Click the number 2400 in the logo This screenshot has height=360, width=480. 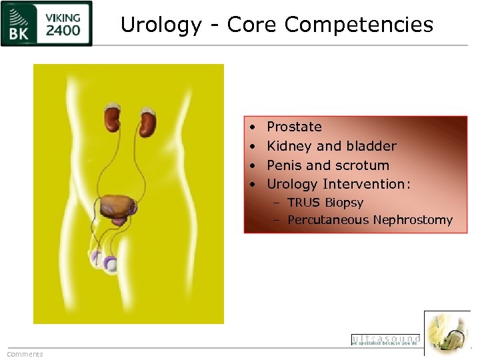pos(63,30)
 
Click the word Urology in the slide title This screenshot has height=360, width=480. pos(160,25)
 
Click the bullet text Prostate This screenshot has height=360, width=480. pos(294,127)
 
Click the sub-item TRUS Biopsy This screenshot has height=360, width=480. pos(325,203)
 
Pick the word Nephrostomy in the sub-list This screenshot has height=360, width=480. pos(413,220)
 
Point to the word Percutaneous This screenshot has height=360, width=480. pos(328,220)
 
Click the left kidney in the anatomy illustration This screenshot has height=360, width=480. pos(112,119)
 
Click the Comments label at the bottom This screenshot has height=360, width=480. pos(25,354)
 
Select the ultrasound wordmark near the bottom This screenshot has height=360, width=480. pos(385,339)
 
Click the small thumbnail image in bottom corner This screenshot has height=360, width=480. pos(447,333)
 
